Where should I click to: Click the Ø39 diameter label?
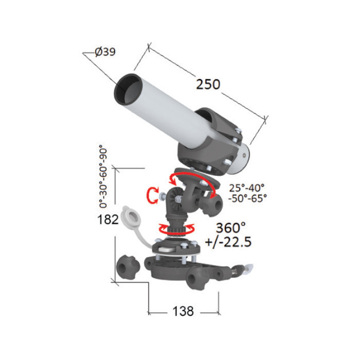(105, 52)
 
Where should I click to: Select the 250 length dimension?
(208, 84)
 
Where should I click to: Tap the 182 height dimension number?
(108, 220)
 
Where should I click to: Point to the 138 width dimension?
(183, 311)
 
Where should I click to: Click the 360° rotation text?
(230, 228)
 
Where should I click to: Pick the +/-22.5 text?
(228, 242)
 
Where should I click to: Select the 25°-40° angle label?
(247, 188)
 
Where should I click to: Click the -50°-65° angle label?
(248, 199)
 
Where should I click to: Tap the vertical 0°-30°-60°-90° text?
(103, 176)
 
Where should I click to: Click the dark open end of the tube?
(128, 89)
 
